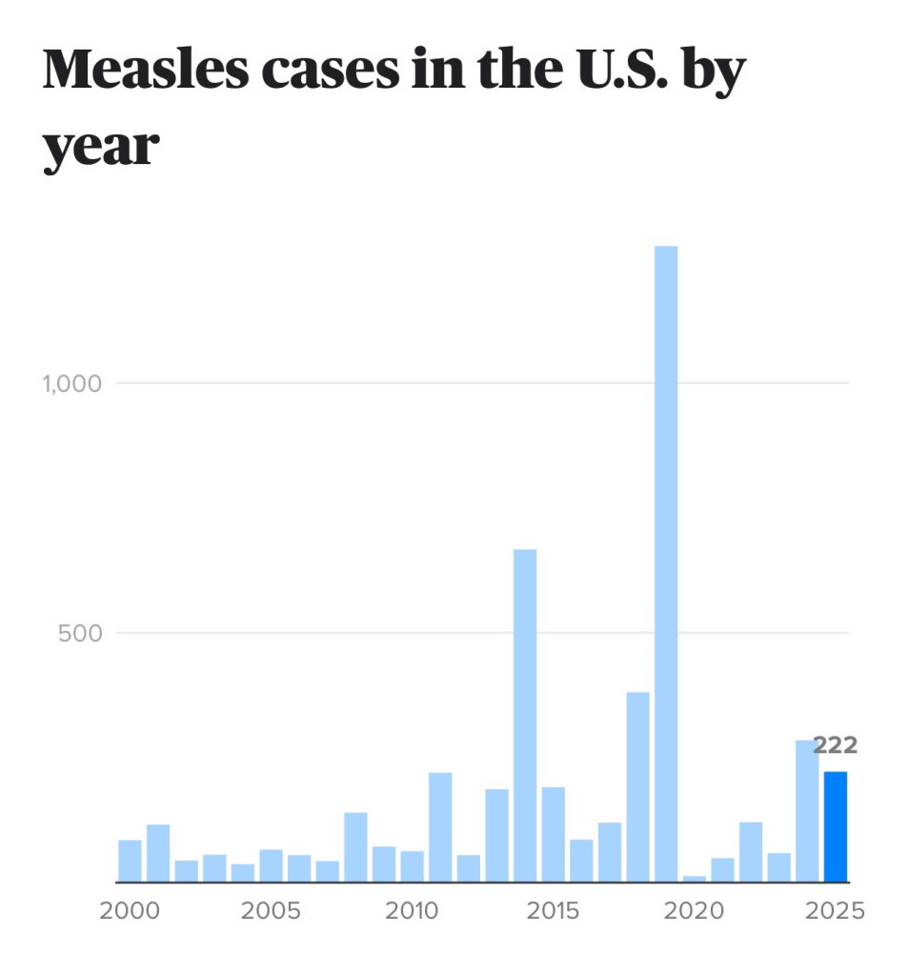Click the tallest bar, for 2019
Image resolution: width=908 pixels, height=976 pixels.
point(666,562)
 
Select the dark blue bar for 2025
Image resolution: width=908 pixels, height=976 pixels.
point(835,826)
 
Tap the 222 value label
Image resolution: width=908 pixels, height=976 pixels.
point(835,745)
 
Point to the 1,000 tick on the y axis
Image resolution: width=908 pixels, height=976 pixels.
point(71,383)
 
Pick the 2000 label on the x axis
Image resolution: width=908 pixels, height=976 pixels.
point(130,910)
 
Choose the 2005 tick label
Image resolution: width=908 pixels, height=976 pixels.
point(271,910)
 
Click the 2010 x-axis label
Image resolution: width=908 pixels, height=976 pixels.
point(412,910)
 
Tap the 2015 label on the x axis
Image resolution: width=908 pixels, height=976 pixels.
point(553,910)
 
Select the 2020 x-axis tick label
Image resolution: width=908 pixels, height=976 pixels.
point(694,910)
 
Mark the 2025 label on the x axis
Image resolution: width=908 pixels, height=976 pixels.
point(835,910)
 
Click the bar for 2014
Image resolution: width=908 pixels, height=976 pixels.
point(525,715)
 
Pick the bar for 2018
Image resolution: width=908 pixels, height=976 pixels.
point(637,786)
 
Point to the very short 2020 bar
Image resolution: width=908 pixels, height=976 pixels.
point(694,878)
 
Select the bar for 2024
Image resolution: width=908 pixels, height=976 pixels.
point(807,810)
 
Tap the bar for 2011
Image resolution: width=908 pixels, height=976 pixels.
point(440,826)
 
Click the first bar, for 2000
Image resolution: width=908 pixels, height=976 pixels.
point(130,861)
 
